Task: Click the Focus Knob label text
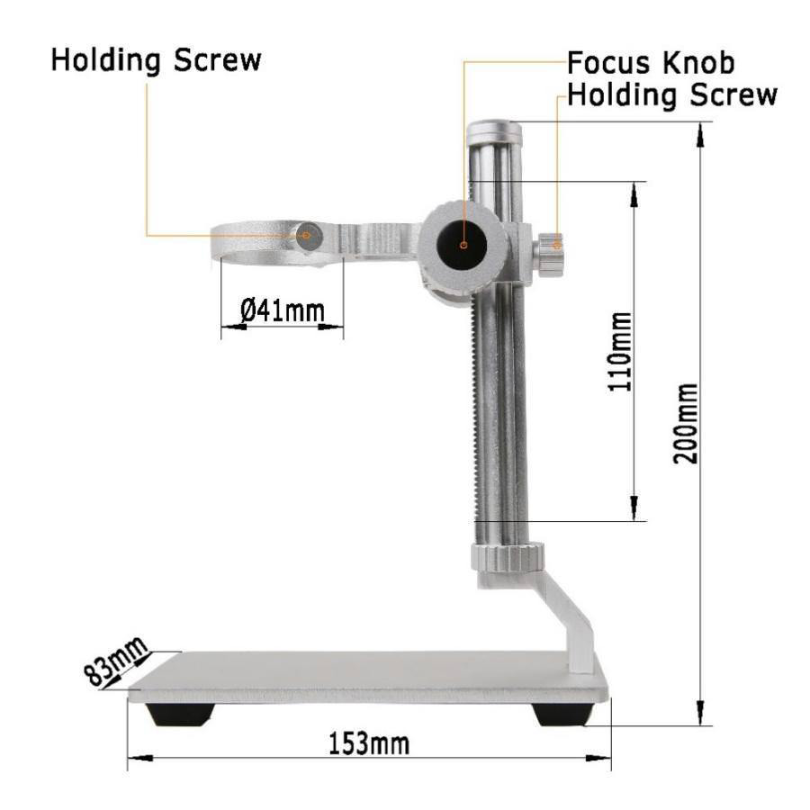click(650, 63)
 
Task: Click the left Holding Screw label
click(156, 60)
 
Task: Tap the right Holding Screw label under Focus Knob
click(672, 94)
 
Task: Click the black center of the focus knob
click(463, 244)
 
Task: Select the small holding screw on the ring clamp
click(308, 237)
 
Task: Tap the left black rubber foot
click(181, 714)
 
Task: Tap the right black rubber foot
click(563, 714)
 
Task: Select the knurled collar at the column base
click(508, 557)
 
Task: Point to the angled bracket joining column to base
click(567, 621)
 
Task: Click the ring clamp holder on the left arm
click(261, 243)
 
